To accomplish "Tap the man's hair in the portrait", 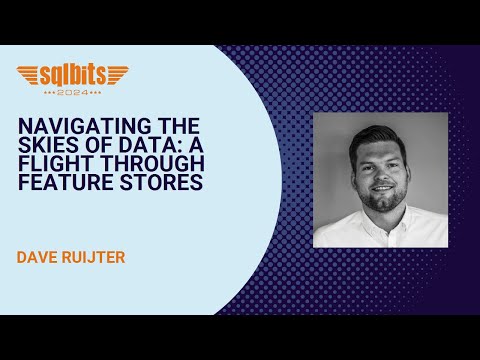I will pos(381,139).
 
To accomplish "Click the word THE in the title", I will pos(180,124).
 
